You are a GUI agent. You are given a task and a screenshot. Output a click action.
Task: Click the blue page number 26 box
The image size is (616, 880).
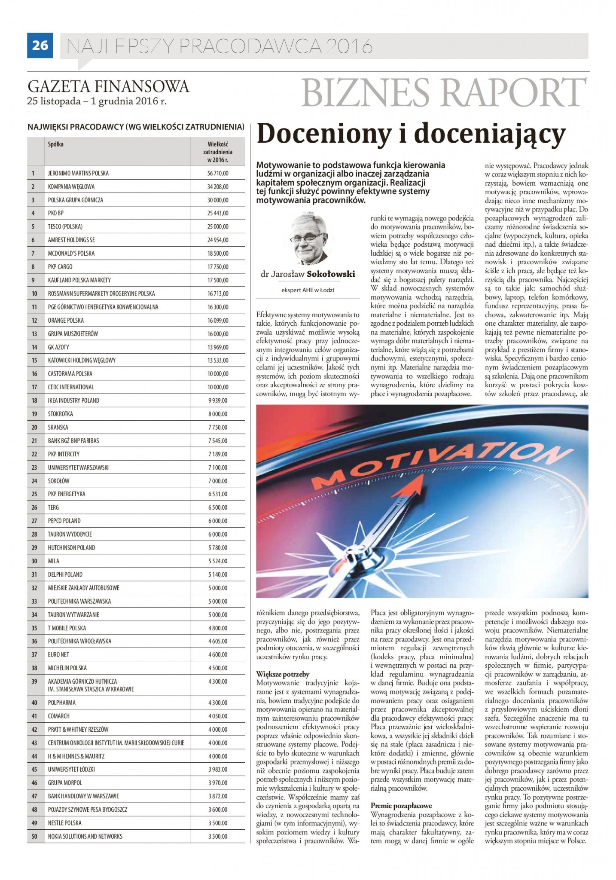(40, 45)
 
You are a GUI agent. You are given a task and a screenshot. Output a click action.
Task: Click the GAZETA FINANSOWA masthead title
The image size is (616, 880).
(108, 86)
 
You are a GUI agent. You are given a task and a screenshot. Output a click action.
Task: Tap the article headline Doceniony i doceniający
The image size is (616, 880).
(411, 134)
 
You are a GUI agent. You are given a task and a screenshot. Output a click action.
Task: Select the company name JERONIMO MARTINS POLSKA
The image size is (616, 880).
(78, 173)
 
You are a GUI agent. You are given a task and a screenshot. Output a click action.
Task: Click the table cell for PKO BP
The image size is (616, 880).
(56, 213)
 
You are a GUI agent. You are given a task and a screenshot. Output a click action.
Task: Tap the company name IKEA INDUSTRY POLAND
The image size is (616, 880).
(73, 400)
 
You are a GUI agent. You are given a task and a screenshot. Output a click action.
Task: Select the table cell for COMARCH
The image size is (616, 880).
(58, 716)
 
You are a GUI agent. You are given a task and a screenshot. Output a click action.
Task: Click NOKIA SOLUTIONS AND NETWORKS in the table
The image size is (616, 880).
(85, 837)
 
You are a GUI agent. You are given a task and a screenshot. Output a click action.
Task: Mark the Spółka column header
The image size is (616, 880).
(56, 144)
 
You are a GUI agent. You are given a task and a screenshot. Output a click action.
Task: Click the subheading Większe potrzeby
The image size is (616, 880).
(282, 674)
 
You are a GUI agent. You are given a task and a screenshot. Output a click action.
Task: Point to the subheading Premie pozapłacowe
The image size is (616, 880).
(401, 806)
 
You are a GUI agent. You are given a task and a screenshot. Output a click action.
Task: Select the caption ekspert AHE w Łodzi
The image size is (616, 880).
(308, 290)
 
